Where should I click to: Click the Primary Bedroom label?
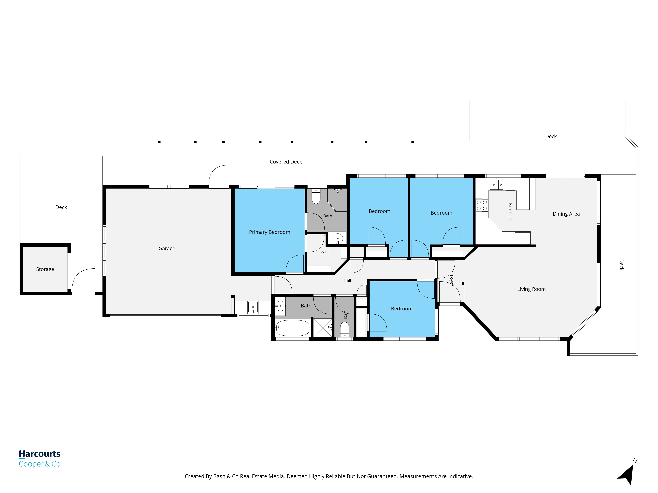click(x=269, y=232)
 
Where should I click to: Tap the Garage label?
click(x=167, y=248)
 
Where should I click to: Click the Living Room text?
click(x=531, y=289)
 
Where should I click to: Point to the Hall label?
click(x=347, y=280)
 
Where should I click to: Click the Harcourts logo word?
click(x=40, y=454)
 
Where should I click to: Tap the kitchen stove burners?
click(x=482, y=205)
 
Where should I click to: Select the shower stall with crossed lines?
click(x=323, y=328)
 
